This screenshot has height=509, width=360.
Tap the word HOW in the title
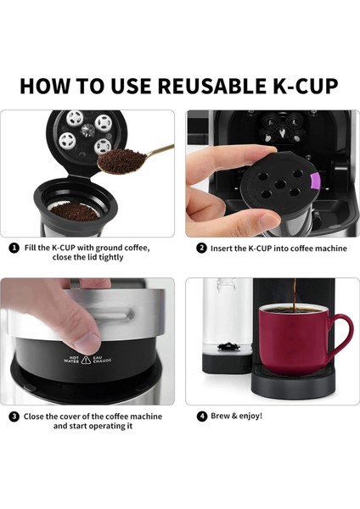tap(48, 86)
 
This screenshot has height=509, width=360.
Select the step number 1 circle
tap(14, 248)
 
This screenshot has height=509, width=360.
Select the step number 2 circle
tap(201, 248)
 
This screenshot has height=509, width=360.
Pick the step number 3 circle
tap(14, 416)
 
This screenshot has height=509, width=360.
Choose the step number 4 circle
tap(201, 416)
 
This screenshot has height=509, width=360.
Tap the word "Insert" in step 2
tap(224, 248)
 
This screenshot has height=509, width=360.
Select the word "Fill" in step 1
tap(31, 248)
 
